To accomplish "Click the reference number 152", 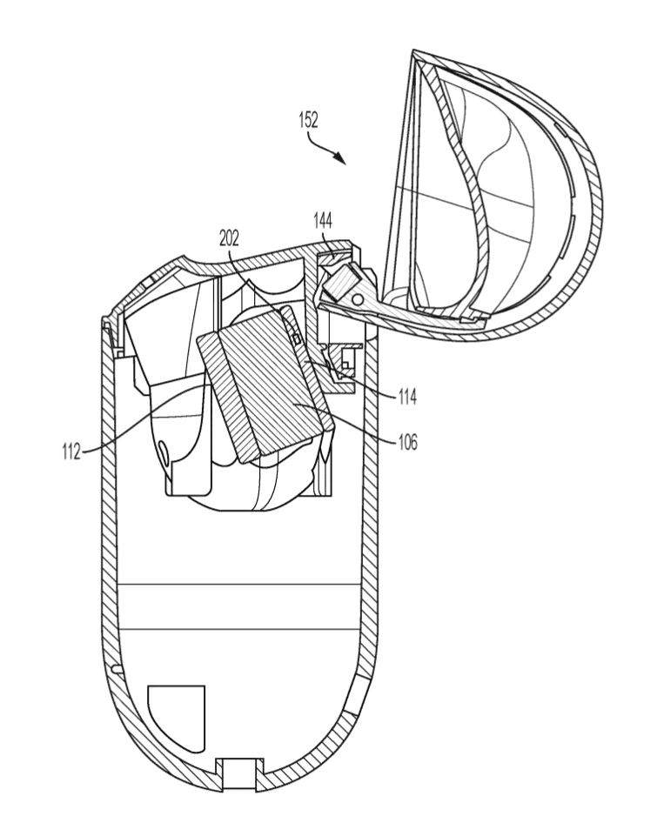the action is point(308,120).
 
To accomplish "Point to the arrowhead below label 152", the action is point(340,157).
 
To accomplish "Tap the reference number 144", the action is point(323,221).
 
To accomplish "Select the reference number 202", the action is point(229,237).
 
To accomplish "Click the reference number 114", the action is point(408,397).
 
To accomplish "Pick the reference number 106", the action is point(408,442).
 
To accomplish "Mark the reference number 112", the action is point(71,451).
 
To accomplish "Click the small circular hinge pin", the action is point(358,300).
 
